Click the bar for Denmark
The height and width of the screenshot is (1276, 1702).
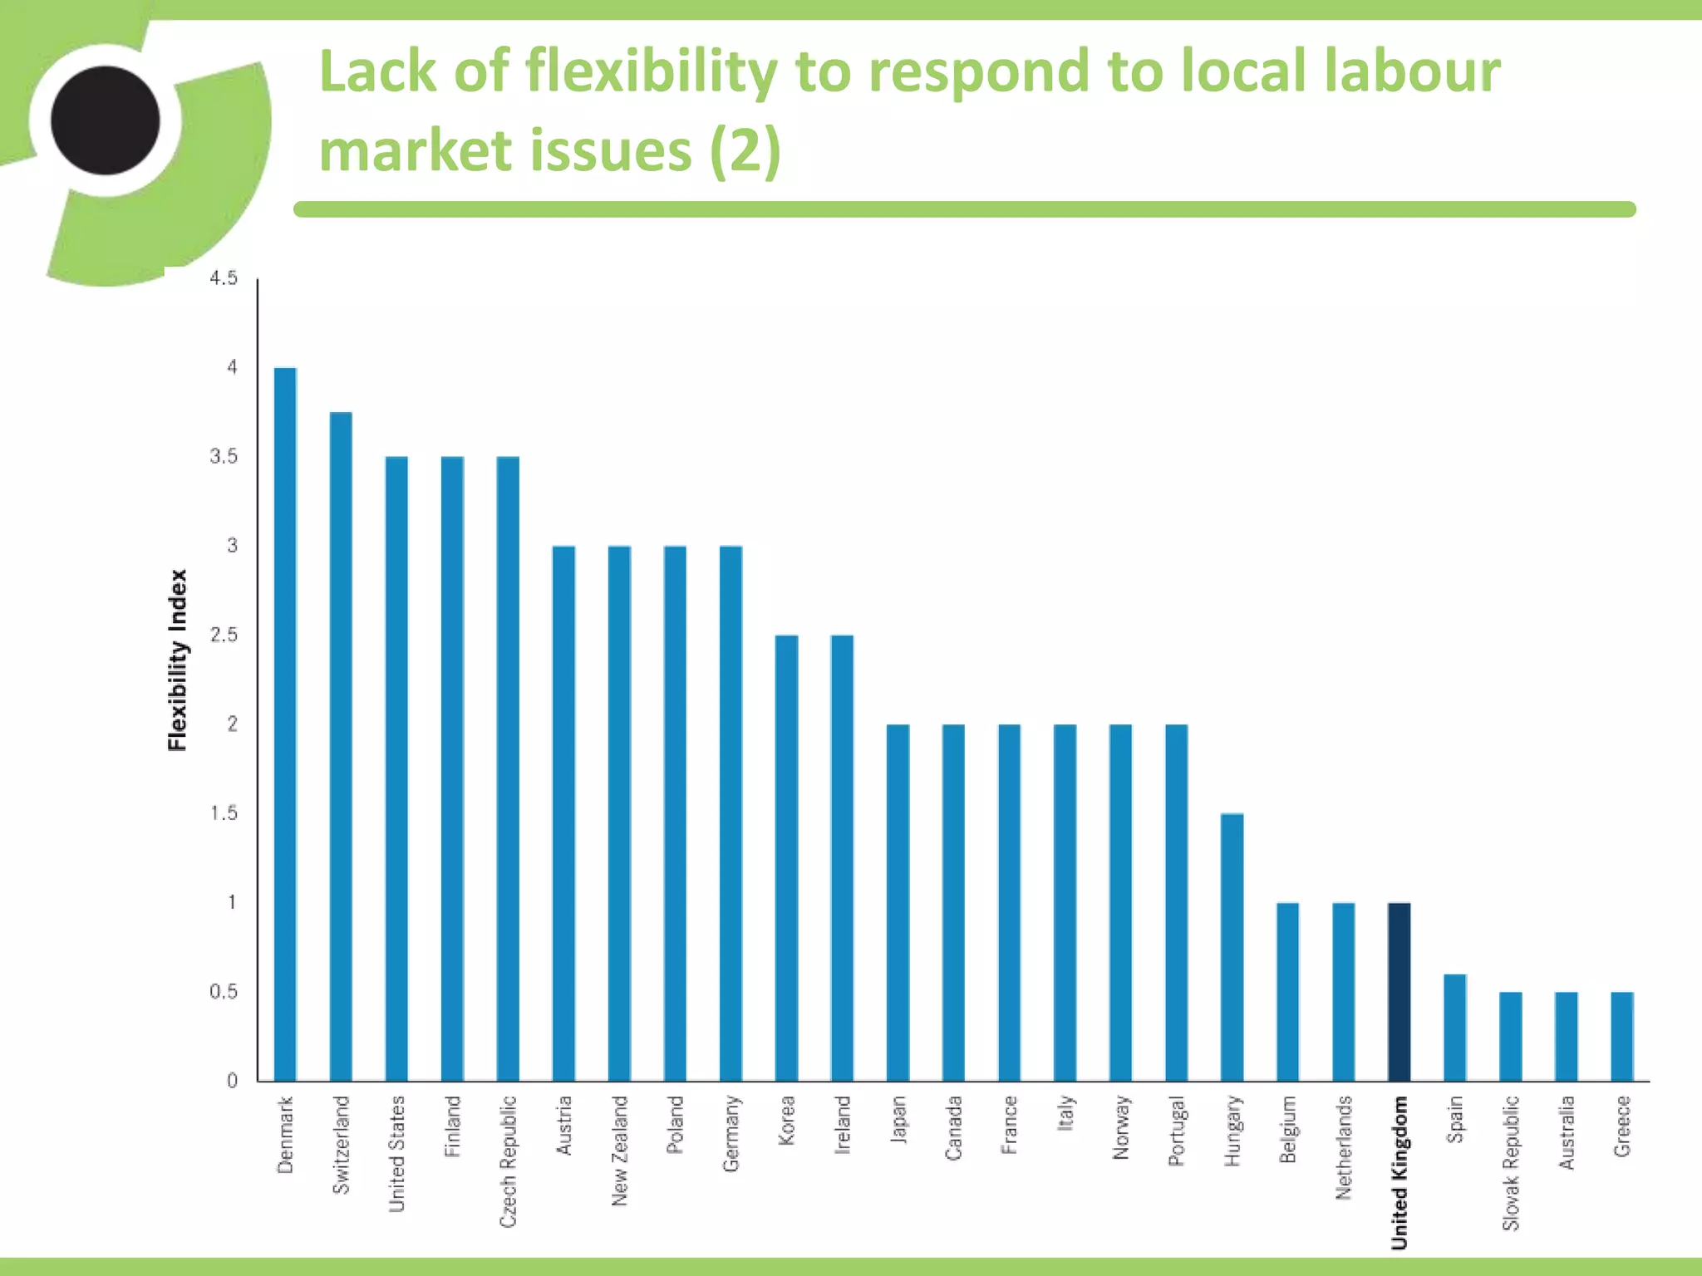[x=285, y=723]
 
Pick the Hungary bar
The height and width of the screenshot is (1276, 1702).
[x=1232, y=947]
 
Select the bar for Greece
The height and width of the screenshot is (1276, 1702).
[x=1621, y=1036]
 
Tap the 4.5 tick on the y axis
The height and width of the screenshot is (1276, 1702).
[x=224, y=278]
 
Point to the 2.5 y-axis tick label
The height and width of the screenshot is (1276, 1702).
[x=224, y=636]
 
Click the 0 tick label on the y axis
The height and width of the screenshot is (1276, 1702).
[x=232, y=1081]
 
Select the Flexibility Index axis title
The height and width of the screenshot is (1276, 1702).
[x=178, y=660]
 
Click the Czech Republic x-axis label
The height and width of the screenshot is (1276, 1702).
[x=508, y=1161]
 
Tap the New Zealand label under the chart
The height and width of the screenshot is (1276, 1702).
[x=619, y=1151]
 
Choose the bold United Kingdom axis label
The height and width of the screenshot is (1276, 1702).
[x=1399, y=1171]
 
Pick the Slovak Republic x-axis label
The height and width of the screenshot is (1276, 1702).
[x=1511, y=1163]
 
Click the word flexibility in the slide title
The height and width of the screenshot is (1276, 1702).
[x=651, y=72]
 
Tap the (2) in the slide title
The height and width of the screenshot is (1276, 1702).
[x=745, y=151]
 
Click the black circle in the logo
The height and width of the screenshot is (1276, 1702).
[x=106, y=120]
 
